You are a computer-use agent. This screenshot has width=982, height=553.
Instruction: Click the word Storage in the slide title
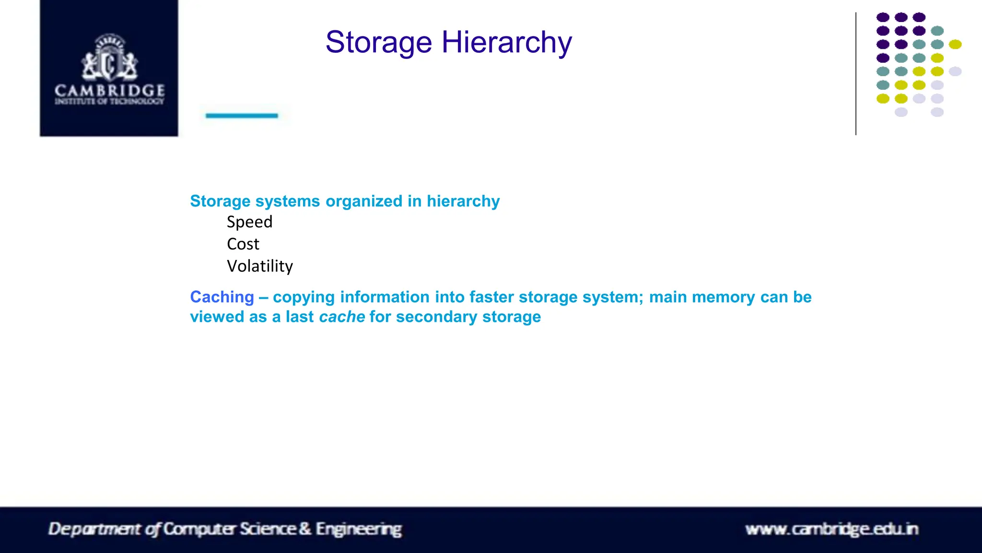[379, 43]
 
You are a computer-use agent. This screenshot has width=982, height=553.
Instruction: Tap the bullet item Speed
[249, 222]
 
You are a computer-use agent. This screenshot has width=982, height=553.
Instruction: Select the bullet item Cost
[243, 244]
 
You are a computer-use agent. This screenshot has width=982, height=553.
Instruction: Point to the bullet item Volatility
[259, 266]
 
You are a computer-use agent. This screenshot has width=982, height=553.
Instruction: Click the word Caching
[222, 297]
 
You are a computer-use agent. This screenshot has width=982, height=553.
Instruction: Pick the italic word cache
[342, 317]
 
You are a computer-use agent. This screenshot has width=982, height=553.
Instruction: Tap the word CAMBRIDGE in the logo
[109, 90]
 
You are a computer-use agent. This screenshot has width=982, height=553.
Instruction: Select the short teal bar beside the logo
[242, 116]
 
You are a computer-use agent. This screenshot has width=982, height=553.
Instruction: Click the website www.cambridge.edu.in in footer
[831, 529]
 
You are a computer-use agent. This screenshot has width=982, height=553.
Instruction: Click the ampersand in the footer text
[305, 529]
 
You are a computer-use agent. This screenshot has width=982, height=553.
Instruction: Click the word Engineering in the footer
[359, 529]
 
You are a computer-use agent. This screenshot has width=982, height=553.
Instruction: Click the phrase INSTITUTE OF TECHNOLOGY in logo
[109, 101]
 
